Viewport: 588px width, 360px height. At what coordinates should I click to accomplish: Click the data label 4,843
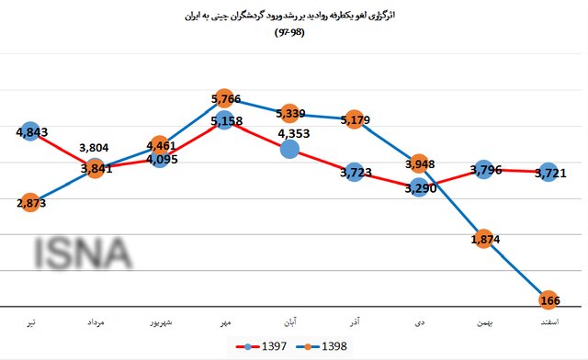[31, 132]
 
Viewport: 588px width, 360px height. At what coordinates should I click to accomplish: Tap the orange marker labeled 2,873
[31, 203]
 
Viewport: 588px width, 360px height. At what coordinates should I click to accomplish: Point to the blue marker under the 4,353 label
[290, 149]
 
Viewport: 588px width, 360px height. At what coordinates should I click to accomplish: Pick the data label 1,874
[483, 240]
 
